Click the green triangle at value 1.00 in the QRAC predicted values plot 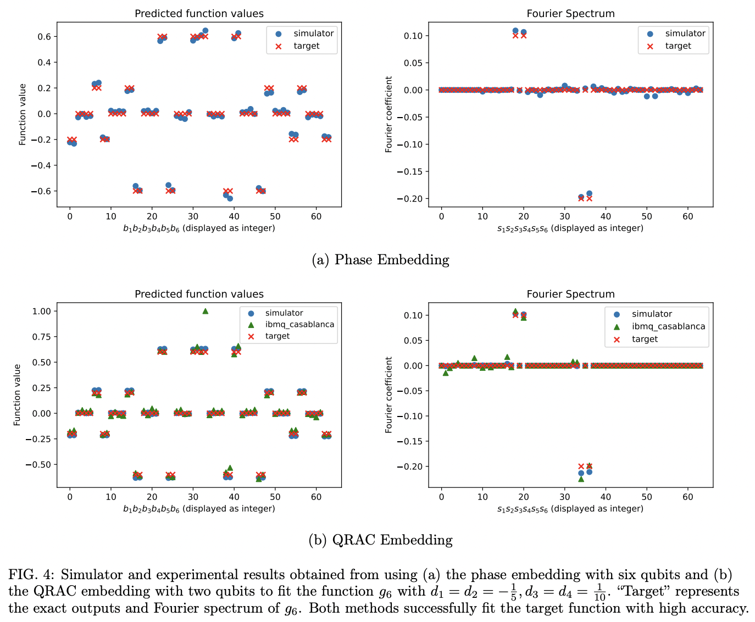pos(205,311)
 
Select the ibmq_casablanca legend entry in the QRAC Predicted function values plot pos(299,324)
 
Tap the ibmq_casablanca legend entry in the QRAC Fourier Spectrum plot pos(668,326)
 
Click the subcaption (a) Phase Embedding pos(380,260)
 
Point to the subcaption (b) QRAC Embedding pos(380,540)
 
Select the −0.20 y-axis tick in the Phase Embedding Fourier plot pos(412,199)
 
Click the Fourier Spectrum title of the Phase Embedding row pos(570,14)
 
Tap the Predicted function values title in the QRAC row pos(199,294)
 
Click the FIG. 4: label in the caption pos(31,575)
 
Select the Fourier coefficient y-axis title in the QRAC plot pos(389,395)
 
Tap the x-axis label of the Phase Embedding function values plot pos(199,228)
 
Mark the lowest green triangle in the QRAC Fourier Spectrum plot pos(581,479)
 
